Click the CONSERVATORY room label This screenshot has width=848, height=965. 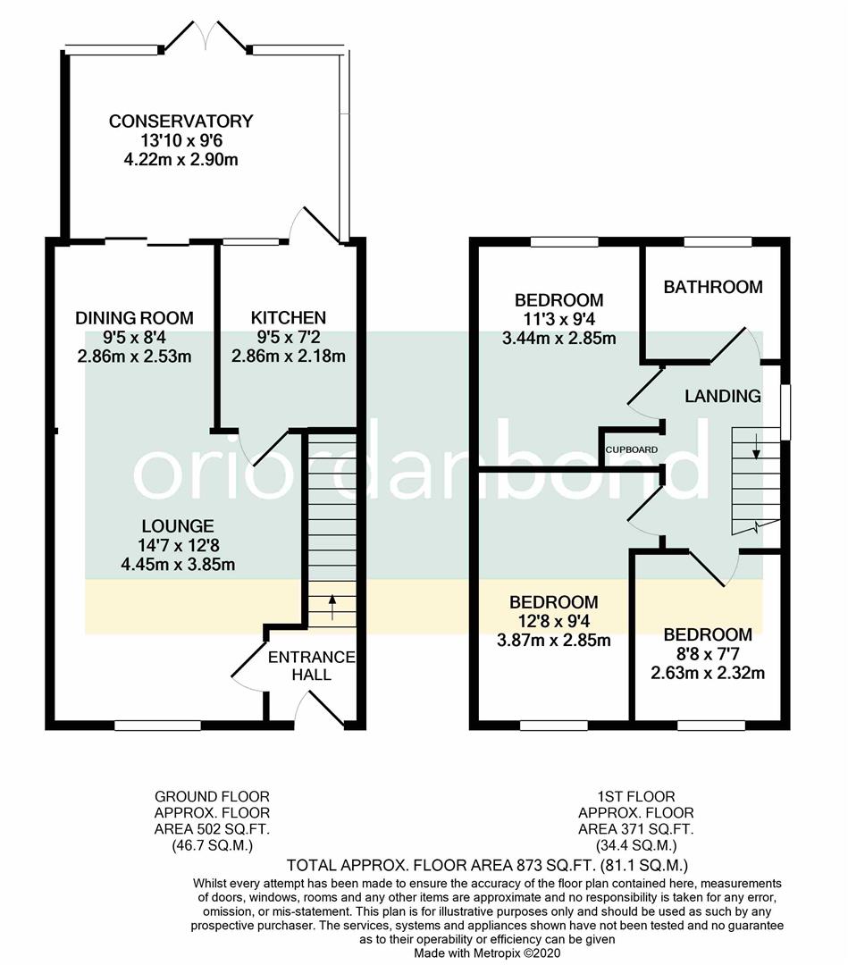181,122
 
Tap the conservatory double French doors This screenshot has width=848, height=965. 206,36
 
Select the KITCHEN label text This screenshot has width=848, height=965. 288,318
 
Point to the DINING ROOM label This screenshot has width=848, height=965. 134,318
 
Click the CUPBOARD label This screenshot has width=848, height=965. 632,449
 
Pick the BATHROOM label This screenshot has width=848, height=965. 712,287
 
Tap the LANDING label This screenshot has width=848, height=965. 723,396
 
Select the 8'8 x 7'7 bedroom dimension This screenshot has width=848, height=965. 708,654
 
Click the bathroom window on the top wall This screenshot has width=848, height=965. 718,241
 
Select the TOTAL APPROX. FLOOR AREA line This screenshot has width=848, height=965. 486,865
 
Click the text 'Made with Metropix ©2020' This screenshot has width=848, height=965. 488,953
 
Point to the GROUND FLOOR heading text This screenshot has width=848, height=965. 212,796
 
